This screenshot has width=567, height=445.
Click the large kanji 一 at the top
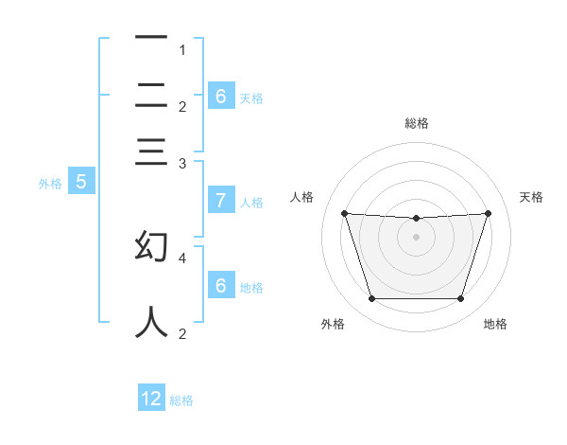coord(151,38)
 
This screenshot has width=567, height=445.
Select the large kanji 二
coord(151,95)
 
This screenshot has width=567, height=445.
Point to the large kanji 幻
coord(151,246)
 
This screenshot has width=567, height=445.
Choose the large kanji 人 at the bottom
coord(151,320)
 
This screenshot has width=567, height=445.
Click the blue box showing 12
coord(151,399)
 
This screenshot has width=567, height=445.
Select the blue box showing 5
coord(80,182)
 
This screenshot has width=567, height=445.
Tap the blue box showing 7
coord(220,200)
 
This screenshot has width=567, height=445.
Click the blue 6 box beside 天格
coord(220,96)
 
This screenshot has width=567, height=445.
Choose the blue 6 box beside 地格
coord(220,285)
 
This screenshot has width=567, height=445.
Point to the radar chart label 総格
coord(417,123)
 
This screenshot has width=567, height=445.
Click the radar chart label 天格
coord(532,197)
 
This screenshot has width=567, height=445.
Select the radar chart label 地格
coord(495,325)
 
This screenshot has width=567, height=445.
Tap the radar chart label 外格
coord(333,325)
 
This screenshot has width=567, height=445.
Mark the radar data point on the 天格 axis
coord(488,213)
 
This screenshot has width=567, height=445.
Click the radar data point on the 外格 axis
coord(371,299)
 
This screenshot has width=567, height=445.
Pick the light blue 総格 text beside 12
coord(181,400)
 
